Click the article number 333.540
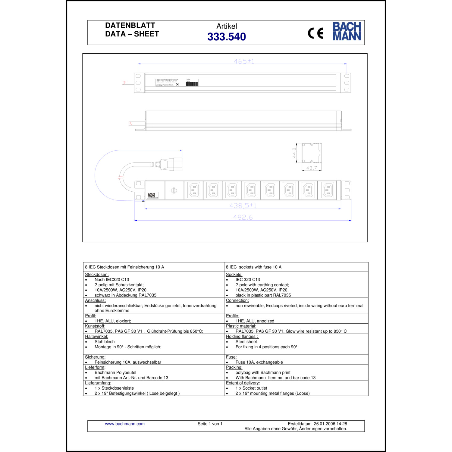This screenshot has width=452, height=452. (x=227, y=37)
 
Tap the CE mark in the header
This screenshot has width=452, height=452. (x=315, y=33)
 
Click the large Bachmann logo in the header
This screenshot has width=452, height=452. (x=347, y=31)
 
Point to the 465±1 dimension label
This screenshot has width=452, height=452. (x=244, y=61)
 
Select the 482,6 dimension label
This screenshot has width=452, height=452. (x=243, y=217)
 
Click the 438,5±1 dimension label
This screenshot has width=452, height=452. (x=243, y=206)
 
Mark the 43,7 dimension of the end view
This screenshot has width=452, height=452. (x=311, y=168)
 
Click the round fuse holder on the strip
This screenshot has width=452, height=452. (x=174, y=190)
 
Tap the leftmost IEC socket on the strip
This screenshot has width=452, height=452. (x=194, y=190)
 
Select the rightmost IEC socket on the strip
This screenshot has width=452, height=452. (x=327, y=190)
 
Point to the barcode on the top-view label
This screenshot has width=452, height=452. (x=192, y=84)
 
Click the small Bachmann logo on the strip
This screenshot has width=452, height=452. (x=151, y=195)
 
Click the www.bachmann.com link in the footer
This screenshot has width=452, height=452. (x=125, y=424)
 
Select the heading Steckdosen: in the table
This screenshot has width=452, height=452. (x=97, y=275)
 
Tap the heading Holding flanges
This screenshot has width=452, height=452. (x=242, y=337)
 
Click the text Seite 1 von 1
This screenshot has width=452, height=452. (x=210, y=424)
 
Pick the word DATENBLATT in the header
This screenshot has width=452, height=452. (x=130, y=25)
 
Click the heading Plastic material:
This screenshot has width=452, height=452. (x=241, y=326)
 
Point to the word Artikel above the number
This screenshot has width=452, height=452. (x=227, y=26)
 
